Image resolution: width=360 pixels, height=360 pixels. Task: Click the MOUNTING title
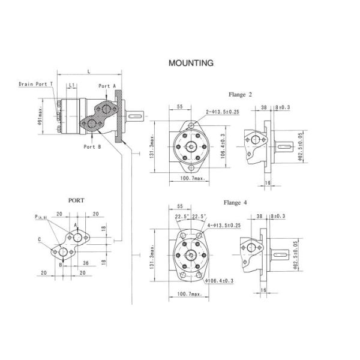click(191, 62)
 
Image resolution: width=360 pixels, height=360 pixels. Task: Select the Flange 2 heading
click(240, 94)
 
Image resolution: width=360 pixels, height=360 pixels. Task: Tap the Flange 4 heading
click(235, 202)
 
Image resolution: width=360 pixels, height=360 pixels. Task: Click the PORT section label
click(76, 200)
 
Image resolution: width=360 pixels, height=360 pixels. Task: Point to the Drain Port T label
click(35, 84)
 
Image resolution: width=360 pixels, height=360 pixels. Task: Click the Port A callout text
click(107, 86)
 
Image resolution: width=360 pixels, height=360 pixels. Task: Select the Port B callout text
click(92, 146)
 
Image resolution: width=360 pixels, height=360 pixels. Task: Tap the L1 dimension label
click(71, 85)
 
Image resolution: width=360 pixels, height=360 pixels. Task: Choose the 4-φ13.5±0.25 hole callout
click(224, 225)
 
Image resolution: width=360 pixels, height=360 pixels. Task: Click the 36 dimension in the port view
click(86, 262)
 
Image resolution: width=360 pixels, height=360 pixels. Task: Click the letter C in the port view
click(40, 239)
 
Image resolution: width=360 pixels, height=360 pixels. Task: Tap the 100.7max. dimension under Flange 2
click(193, 179)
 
